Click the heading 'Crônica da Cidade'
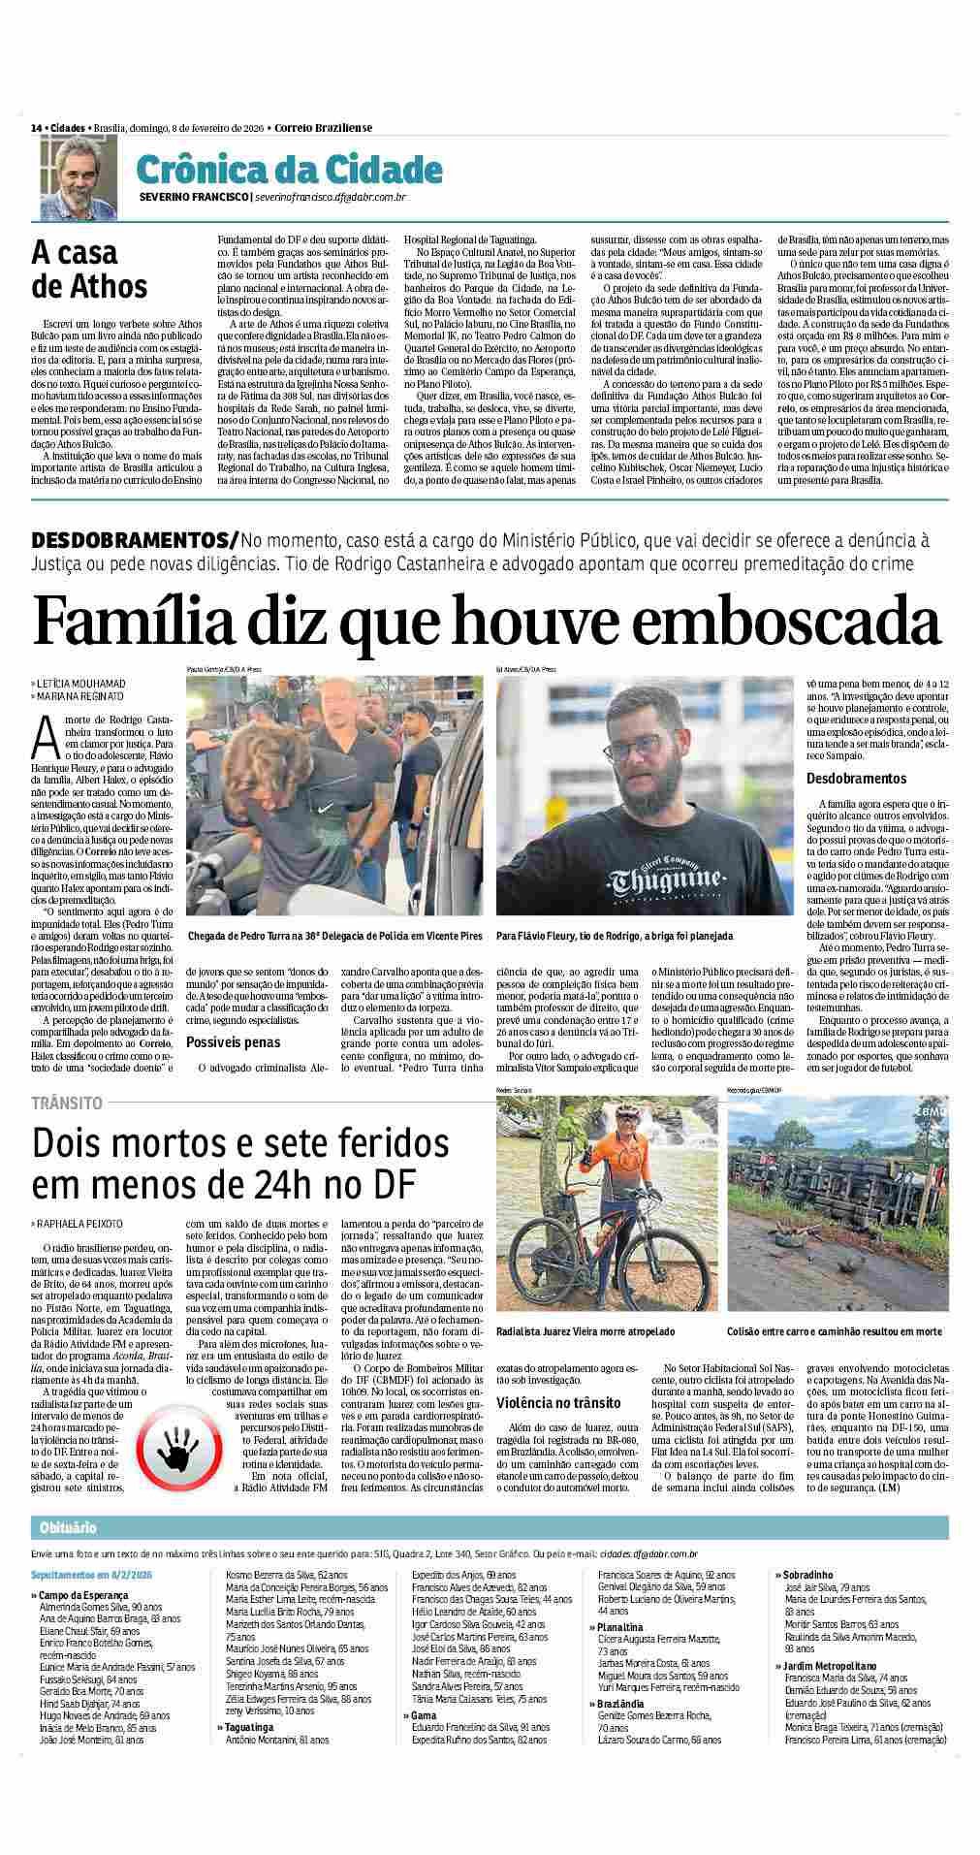289,170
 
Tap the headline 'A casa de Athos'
89,270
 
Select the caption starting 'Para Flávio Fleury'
614,937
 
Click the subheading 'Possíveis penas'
233,1042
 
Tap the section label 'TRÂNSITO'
67,1103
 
